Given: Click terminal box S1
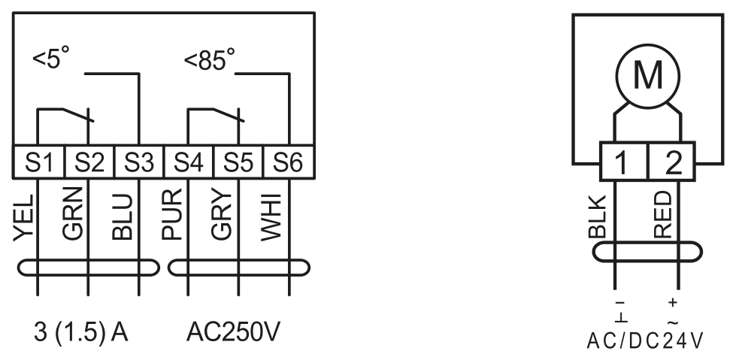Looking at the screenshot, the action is coord(38,162).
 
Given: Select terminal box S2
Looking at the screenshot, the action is coord(89,162).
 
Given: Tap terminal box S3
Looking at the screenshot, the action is coord(139,162).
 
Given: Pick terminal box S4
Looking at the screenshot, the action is coord(189,162).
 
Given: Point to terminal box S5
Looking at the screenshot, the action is coord(238,162).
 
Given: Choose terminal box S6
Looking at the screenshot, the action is coord(289,162).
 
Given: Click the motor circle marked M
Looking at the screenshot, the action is coord(648,75).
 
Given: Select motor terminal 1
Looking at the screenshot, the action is coord(624,162).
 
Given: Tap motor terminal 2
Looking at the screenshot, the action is coord(671,162).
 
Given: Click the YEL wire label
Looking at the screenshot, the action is coord(24,218).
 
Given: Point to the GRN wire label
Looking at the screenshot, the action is coord(73,214).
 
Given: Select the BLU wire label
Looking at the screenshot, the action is coord(123,217).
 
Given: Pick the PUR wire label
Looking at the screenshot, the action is coord(172,214).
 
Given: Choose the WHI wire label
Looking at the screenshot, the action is coord(271,217).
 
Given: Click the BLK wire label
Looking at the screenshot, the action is coord(598,217).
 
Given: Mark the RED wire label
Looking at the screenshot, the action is coord(663,215).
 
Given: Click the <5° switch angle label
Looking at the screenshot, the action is coord(51,58).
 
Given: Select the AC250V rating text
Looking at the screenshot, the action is coord(233,332).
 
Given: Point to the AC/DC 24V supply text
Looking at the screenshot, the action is coord(645,340).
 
